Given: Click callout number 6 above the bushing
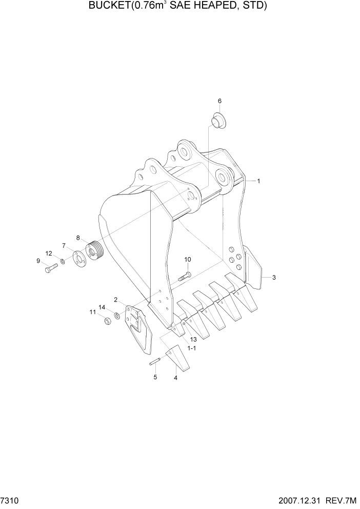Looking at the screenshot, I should click(x=219, y=101).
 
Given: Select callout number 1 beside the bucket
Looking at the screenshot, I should click(x=259, y=181).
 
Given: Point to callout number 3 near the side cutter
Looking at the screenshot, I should click(x=274, y=278).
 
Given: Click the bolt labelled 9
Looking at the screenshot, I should click(x=51, y=268).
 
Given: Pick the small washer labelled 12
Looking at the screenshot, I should click(x=62, y=262).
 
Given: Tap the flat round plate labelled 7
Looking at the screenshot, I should click(x=79, y=257).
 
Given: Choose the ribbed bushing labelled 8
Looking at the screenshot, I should click(x=95, y=249).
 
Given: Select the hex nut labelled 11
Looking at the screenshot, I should click(x=107, y=322).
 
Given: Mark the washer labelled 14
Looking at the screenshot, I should click(x=117, y=316).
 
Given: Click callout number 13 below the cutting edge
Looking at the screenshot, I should click(x=193, y=340).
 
